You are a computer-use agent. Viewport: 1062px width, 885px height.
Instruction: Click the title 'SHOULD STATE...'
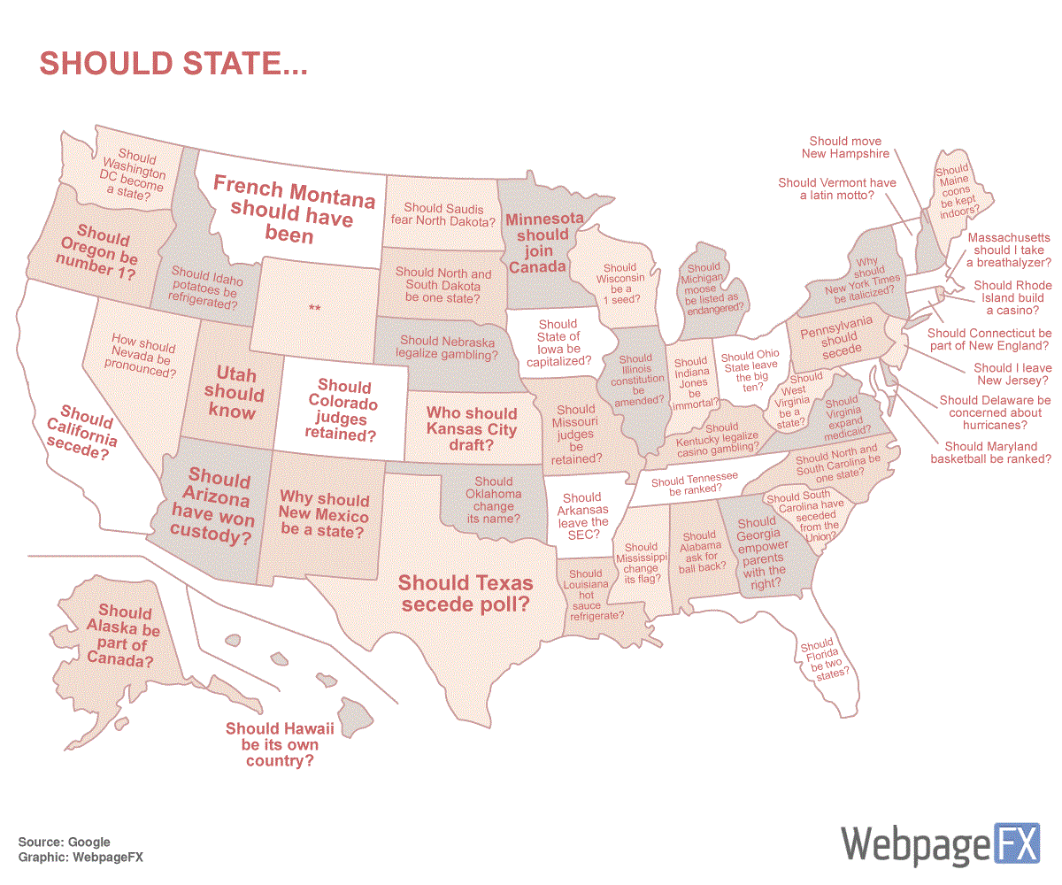tap(173, 64)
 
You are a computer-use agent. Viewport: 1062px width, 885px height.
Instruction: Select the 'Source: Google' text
tap(64, 842)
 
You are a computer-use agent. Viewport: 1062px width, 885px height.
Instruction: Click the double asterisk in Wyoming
tap(314, 308)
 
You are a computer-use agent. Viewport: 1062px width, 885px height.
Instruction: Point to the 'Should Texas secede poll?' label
tap(466, 593)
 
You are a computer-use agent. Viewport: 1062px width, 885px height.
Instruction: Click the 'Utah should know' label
tap(235, 394)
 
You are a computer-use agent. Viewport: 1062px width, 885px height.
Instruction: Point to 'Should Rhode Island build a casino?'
tap(1012, 297)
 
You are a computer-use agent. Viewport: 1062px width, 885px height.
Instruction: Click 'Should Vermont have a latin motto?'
tap(836, 189)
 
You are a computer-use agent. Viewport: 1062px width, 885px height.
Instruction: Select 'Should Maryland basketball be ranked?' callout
tap(990, 452)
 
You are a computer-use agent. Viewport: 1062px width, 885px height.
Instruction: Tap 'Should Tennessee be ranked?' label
tap(694, 483)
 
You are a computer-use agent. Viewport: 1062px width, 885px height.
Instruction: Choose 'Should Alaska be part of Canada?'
tap(124, 635)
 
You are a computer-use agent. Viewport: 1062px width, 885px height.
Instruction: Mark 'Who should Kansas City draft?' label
tap(472, 428)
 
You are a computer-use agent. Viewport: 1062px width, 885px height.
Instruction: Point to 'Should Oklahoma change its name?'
tap(493, 500)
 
